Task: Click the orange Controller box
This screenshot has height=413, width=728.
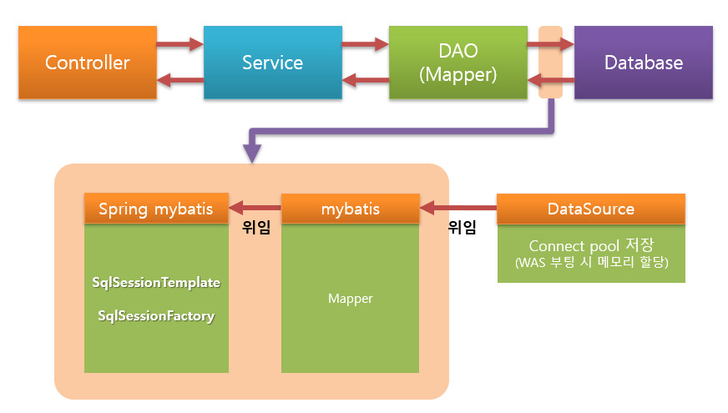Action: (88, 63)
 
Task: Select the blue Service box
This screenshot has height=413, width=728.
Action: (272, 63)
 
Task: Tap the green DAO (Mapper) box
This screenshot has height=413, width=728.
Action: (458, 63)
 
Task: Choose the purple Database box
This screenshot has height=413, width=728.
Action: (643, 63)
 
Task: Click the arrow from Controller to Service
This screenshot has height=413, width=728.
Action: (180, 43)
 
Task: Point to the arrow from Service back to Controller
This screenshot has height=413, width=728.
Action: (180, 81)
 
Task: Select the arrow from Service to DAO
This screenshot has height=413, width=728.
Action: (366, 43)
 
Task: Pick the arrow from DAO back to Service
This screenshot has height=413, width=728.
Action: (366, 81)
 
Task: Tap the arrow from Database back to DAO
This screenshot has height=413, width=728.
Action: (550, 81)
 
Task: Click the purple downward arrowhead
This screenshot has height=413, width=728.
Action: (251, 153)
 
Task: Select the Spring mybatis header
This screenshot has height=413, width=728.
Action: (156, 209)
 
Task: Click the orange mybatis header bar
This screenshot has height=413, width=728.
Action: (350, 209)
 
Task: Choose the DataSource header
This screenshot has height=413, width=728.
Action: (591, 209)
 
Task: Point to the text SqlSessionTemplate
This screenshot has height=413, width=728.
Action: (156, 283)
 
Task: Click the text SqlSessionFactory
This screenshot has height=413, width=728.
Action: (156, 316)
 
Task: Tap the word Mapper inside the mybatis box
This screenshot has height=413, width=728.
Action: (350, 298)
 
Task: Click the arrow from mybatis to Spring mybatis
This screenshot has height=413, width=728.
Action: (255, 209)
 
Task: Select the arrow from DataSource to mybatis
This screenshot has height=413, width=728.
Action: (458, 209)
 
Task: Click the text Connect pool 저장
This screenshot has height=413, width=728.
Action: (591, 246)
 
